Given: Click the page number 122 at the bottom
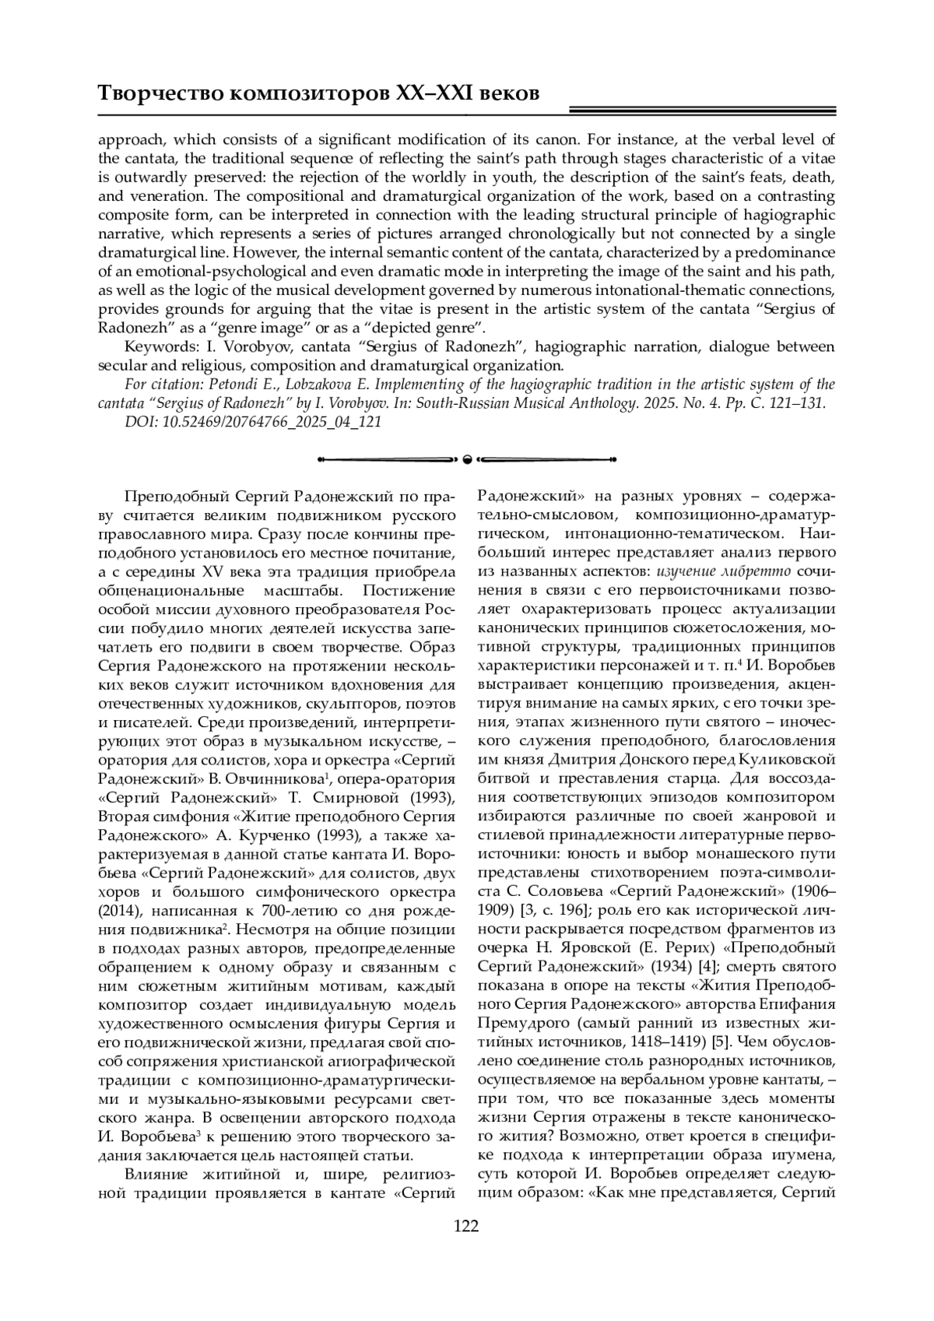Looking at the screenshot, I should point(466,1227).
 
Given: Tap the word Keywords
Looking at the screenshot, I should point(156,346).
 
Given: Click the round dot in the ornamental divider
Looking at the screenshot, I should point(466,459).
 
